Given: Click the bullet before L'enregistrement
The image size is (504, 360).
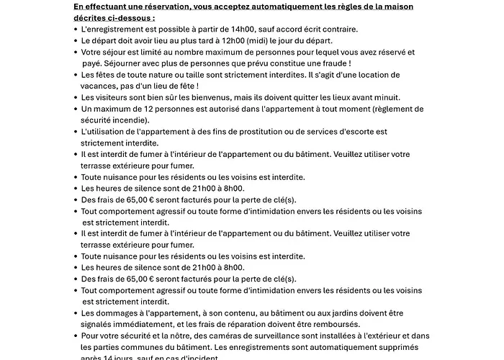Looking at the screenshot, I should click(x=76, y=29).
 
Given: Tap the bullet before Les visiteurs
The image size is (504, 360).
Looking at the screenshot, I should click(x=76, y=97).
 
